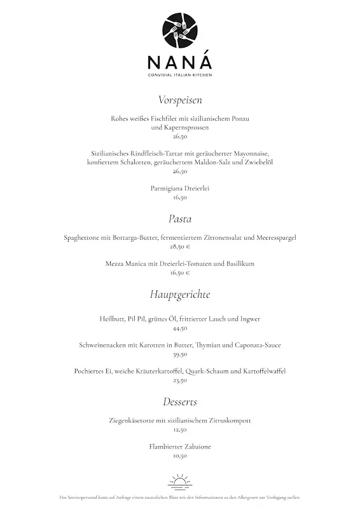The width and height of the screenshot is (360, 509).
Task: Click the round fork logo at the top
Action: click(x=180, y=31)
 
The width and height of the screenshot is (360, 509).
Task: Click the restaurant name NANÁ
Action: click(x=180, y=63)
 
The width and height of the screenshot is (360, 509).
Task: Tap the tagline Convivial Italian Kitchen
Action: click(x=180, y=76)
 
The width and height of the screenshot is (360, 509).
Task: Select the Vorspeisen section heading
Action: click(x=180, y=100)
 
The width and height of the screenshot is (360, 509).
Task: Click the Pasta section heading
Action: click(x=180, y=219)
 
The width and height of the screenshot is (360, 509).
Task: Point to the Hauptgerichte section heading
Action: click(x=180, y=295)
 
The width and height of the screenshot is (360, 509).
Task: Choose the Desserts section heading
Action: click(x=180, y=401)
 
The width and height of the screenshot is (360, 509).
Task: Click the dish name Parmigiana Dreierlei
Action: click(x=180, y=189)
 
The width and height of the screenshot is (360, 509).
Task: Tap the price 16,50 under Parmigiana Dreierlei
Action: click(x=180, y=198)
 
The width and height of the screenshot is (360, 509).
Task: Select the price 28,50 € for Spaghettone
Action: click(x=180, y=246)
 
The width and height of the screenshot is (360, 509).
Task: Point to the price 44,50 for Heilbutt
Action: click(x=180, y=328)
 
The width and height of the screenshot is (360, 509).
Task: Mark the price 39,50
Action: click(x=180, y=354)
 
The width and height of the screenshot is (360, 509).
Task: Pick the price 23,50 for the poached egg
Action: click(x=180, y=380)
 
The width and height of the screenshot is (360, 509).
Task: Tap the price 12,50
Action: click(x=180, y=429)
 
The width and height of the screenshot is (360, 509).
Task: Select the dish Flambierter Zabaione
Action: click(x=180, y=447)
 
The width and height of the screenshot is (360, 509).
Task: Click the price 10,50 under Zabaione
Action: click(x=180, y=456)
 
